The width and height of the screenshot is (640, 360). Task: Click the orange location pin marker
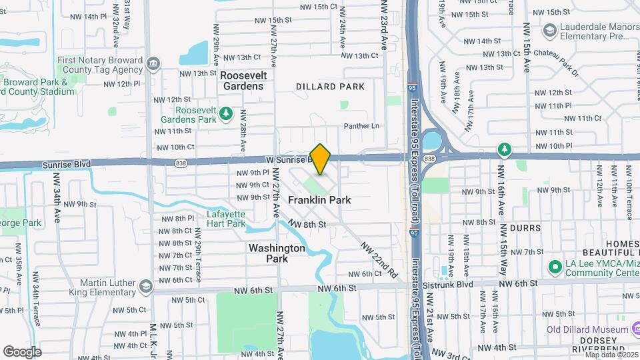[321, 159]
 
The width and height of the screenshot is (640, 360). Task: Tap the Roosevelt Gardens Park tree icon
[225, 114]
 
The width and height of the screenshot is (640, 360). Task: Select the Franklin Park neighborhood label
[319, 200]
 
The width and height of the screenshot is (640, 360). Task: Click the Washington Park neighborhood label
[277, 253]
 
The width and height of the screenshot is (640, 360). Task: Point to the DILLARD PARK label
[331, 87]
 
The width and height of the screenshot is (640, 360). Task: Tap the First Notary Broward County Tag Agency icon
[153, 64]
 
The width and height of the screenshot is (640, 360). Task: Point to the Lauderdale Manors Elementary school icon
[549, 29]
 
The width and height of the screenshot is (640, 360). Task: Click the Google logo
[22, 352]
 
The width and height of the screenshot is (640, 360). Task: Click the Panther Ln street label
[361, 126]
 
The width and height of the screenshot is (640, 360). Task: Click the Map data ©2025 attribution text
[612, 355]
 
